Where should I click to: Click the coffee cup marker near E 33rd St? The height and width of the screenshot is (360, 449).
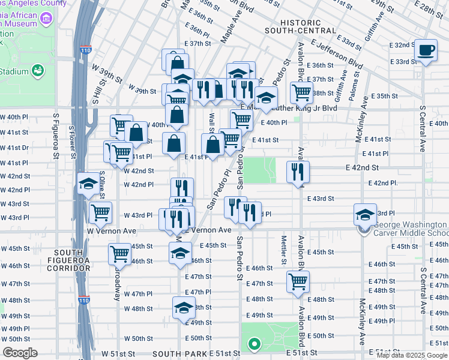click(426, 50)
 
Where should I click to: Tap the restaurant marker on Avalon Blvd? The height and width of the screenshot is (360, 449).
click(298, 172)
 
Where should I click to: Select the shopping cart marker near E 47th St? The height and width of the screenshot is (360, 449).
click(298, 281)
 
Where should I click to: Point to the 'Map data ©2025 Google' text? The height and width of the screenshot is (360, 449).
click(412, 355)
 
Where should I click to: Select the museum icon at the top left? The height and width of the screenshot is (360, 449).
click(45, 20)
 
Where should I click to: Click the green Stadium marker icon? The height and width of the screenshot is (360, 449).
click(37, 71)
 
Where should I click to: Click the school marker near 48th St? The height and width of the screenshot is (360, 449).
click(183, 308)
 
